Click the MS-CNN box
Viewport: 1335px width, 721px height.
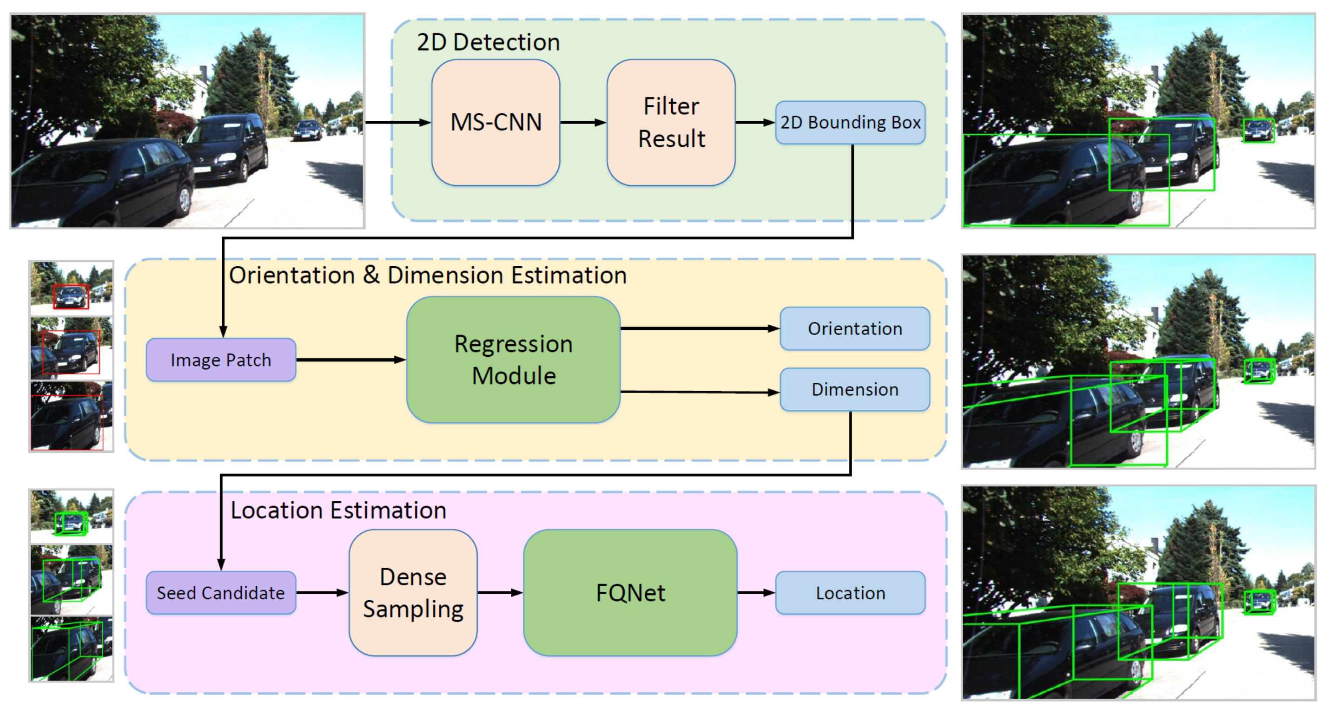coord(496,122)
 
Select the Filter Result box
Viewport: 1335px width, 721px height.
coord(671,122)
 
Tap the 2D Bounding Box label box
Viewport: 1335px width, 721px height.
coord(851,123)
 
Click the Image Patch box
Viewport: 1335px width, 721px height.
coord(221,360)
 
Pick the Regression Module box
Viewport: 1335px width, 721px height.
coord(514,360)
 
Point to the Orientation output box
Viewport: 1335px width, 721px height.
coord(855,329)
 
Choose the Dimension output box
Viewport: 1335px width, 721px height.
coord(855,389)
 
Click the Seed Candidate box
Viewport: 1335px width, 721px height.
coord(221,593)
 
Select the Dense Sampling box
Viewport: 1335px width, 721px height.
coord(413,592)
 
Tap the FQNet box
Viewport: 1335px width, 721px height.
coord(630,592)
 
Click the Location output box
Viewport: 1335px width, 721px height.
coord(851,593)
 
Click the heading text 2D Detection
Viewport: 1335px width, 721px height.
coord(488,42)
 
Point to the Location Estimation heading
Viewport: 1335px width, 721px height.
coord(338,510)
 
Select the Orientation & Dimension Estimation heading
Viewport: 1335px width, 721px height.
coord(428,275)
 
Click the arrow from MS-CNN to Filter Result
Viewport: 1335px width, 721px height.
coord(583,123)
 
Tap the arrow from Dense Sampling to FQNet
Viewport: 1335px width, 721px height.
coord(500,592)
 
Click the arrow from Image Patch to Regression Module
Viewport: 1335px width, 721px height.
coord(351,360)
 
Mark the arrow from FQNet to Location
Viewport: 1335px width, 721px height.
coord(756,592)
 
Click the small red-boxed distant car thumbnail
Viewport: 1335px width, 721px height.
coord(71,288)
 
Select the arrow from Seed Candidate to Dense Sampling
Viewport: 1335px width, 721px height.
coord(322,592)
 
